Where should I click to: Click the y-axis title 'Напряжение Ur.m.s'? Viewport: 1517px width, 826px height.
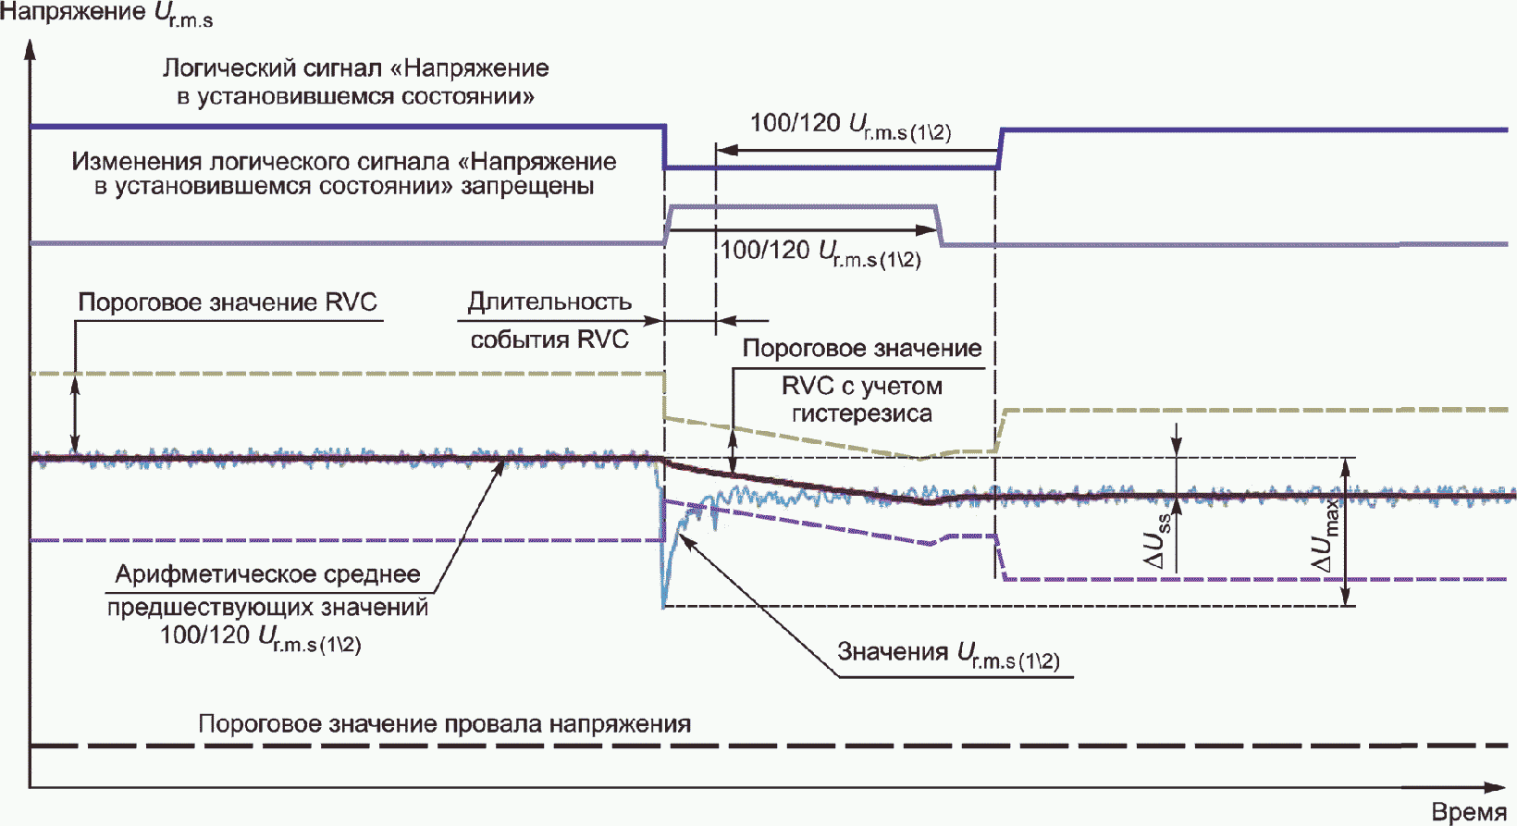(x=106, y=14)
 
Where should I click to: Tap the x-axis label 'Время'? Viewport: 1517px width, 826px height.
(x=1469, y=812)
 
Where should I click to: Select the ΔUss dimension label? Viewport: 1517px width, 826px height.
(x=1157, y=540)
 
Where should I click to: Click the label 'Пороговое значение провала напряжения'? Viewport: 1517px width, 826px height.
(x=444, y=724)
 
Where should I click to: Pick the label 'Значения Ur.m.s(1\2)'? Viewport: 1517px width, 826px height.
(x=948, y=654)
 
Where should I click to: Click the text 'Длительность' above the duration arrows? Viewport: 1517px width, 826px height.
(x=549, y=302)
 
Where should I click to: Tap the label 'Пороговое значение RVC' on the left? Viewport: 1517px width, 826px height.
(x=228, y=302)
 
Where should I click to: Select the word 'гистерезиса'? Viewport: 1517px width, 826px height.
(x=861, y=413)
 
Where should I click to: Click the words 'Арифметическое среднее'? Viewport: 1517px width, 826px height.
(x=267, y=574)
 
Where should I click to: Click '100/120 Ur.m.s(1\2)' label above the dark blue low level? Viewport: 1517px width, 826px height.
(x=850, y=126)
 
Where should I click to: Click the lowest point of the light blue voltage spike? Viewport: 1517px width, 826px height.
(x=664, y=605)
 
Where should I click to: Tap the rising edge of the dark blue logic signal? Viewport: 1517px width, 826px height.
(x=1000, y=149)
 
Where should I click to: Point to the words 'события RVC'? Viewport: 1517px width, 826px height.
(x=549, y=339)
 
